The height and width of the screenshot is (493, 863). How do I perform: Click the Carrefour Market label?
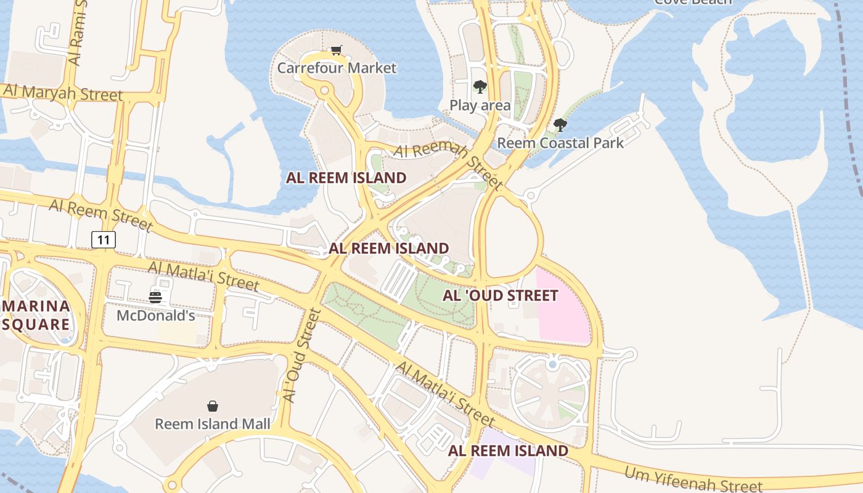click(337, 68)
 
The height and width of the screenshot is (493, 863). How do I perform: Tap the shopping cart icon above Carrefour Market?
click(336, 50)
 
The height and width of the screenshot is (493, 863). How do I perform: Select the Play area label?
click(480, 105)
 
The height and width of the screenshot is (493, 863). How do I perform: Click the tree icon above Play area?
click(480, 87)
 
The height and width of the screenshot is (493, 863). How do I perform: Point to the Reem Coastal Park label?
click(560, 143)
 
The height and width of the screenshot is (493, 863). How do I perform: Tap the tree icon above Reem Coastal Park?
click(560, 125)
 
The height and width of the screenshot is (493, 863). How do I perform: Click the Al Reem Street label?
click(100, 214)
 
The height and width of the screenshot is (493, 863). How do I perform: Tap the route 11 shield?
click(104, 239)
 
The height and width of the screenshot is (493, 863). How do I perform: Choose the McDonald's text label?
click(156, 316)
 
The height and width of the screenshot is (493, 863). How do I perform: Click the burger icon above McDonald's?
click(155, 298)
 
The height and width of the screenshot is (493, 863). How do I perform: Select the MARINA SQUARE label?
click(36, 316)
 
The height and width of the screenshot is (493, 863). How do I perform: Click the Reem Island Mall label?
click(212, 424)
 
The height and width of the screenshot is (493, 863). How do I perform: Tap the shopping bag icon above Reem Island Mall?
click(213, 406)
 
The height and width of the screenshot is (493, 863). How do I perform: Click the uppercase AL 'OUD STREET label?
click(500, 296)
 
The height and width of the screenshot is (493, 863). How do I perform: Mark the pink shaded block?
click(563, 308)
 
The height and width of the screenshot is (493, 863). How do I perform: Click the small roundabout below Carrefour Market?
click(324, 91)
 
